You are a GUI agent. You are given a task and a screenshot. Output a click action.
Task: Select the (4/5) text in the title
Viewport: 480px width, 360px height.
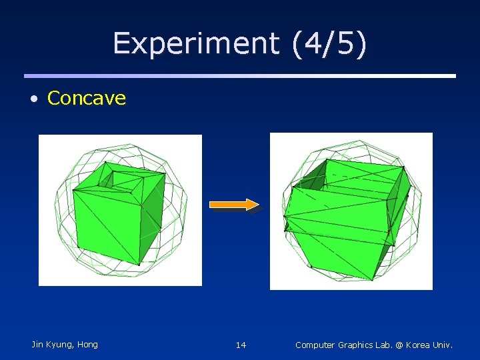329,44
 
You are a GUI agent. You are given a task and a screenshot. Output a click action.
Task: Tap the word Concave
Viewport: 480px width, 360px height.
87,98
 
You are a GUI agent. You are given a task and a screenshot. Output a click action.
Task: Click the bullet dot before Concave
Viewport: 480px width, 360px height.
33,99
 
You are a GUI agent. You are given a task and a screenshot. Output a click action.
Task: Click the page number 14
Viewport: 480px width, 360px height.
241,345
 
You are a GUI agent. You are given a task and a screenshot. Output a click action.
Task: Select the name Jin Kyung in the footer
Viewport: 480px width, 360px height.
52,345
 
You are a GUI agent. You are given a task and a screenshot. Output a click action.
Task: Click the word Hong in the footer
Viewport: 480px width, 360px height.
87,345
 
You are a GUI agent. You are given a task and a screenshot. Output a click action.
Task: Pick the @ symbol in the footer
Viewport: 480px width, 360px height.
399,345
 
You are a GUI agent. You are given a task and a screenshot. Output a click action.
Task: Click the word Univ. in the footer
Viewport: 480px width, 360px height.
443,345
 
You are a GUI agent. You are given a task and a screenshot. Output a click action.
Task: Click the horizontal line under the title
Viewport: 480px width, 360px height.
240,75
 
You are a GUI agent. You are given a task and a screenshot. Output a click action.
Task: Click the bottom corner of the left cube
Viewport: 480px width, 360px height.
139,264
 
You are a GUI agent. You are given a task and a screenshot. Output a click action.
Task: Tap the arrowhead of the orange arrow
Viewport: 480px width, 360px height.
253,205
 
